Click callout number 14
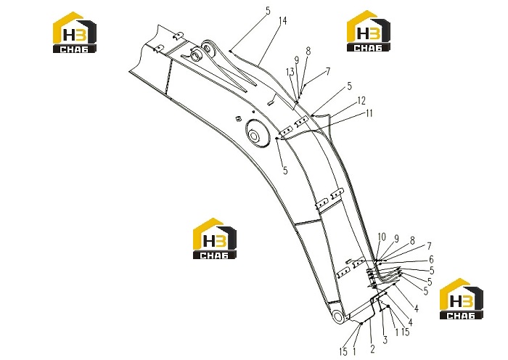coord(282,21)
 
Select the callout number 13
coord(290,72)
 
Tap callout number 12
coord(361,101)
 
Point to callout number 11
coord(369,113)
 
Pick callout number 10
coord(382,237)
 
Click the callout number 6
coord(431,259)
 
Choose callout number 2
coord(372,349)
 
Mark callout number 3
coord(385,340)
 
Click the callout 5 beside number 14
coord(268,11)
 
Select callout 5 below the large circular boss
coord(285,170)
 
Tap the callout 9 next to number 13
coord(296,60)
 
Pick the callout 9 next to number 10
coord(396,239)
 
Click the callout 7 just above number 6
coord(430,247)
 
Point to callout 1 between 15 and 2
coord(354,351)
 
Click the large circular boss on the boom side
coord(258,133)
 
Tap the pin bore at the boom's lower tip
coord(337,316)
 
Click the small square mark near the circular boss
coord(239,118)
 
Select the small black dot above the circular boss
coord(254,112)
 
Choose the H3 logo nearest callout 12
coord(369,31)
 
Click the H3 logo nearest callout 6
coord(461,299)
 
